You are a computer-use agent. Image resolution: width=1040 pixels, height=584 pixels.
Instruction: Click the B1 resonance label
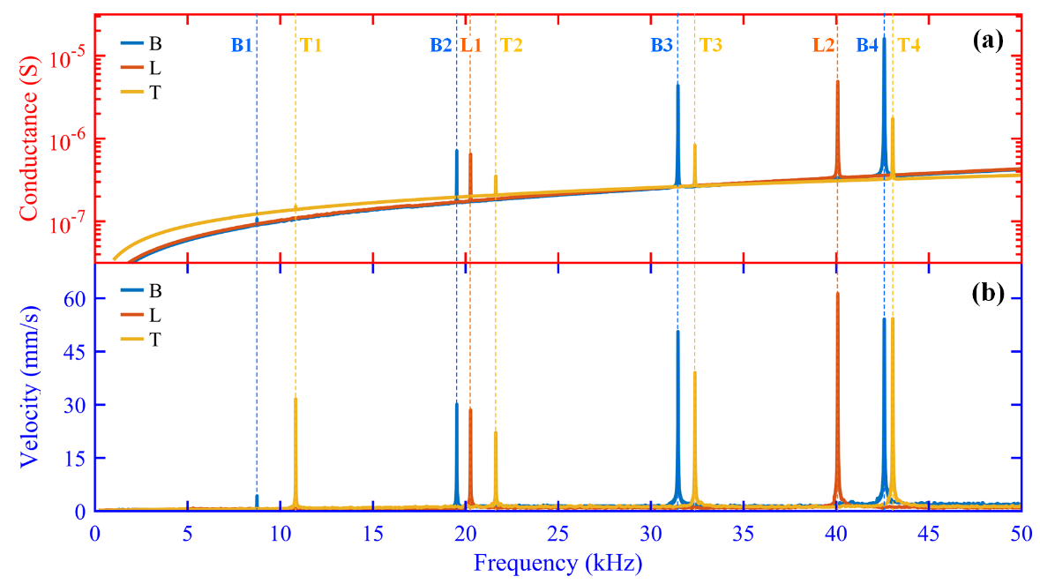pyautogui.click(x=243, y=46)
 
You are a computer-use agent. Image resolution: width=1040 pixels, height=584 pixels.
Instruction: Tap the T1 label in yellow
pyautogui.click(x=311, y=46)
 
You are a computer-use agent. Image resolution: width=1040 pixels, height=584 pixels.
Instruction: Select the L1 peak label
pyautogui.click(x=471, y=46)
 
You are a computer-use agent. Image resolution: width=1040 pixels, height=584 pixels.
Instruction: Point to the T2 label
pyautogui.click(x=512, y=46)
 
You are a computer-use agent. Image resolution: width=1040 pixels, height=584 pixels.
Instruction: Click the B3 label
pyautogui.click(x=662, y=46)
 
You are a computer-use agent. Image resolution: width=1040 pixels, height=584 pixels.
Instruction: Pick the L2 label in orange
pyautogui.click(x=823, y=46)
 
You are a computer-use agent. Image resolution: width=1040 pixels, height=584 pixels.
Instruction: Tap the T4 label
pyautogui.click(x=909, y=46)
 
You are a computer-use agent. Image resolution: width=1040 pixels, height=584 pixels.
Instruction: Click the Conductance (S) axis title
pyautogui.click(x=28, y=137)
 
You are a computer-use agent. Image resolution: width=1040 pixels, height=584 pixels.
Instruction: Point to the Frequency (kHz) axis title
pyautogui.click(x=557, y=562)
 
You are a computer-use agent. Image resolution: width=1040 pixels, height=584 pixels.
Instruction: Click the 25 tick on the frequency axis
pyautogui.click(x=557, y=533)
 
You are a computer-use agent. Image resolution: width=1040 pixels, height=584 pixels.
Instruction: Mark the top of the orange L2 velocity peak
pyautogui.click(x=837, y=293)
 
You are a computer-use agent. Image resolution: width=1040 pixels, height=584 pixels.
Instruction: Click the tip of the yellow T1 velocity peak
pyautogui.click(x=296, y=399)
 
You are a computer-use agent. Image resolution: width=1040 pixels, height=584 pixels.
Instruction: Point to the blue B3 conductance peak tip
pyautogui.click(x=677, y=85)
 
